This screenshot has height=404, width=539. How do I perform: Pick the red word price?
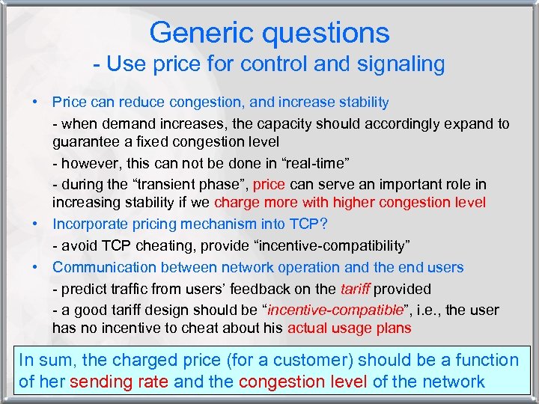click(x=269, y=185)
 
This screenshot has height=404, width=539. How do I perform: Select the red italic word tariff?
click(x=354, y=290)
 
